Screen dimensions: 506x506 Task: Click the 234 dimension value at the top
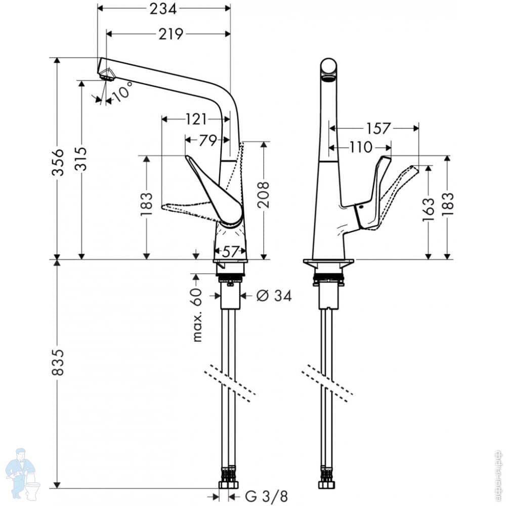[x=163, y=9]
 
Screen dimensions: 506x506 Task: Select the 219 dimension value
[x=171, y=34]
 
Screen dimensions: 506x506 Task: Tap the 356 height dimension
[x=58, y=162]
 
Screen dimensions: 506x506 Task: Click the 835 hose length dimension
[x=58, y=362]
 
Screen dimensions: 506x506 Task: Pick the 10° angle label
[x=122, y=91]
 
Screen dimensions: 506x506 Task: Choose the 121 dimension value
[x=196, y=119]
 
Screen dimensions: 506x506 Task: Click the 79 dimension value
[x=208, y=140]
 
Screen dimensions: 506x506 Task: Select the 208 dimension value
[x=264, y=194]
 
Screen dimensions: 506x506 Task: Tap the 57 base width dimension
[x=230, y=251]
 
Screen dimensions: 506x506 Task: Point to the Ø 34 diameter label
[x=274, y=296]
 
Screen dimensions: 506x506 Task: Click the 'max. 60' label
[x=196, y=315]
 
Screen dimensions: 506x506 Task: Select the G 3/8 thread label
[x=267, y=496]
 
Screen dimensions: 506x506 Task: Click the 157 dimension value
[x=378, y=129]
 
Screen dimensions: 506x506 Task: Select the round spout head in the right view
[x=329, y=67]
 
